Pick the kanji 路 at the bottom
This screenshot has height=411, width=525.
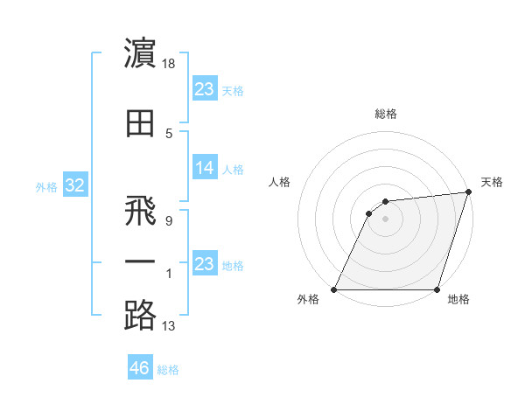tap(140, 315)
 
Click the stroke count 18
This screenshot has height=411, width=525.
tap(170, 65)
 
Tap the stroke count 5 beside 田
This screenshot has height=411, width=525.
tap(169, 134)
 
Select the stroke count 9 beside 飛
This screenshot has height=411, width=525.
tap(169, 221)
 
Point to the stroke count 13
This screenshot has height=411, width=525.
tap(169, 327)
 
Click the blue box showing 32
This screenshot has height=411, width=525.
tap(74, 186)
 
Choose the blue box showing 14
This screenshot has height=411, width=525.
tap(205, 169)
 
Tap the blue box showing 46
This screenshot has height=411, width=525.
tap(140, 368)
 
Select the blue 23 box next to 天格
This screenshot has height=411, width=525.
tap(205, 89)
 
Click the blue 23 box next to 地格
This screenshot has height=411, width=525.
tap(205, 265)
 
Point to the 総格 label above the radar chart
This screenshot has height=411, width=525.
tap(385, 114)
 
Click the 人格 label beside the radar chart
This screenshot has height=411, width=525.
tap(279, 182)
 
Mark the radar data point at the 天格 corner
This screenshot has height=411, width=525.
tap(468, 193)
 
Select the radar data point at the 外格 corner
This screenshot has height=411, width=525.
tap(334, 289)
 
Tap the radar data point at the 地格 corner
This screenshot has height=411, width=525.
tap(436, 289)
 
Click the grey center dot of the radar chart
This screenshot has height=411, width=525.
tap(385, 219)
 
